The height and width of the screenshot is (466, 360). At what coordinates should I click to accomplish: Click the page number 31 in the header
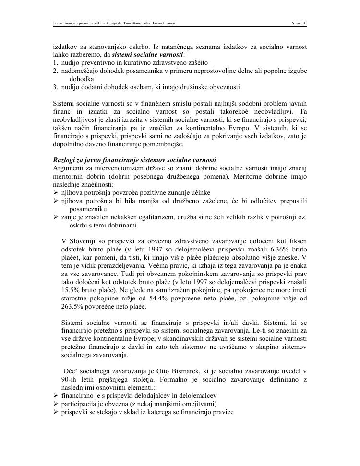tap(304, 23)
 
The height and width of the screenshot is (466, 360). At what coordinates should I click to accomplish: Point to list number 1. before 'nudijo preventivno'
tap(56, 63)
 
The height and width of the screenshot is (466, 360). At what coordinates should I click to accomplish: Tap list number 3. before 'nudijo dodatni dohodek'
tap(56, 87)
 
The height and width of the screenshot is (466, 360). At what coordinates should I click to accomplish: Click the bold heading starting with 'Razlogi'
tap(134, 160)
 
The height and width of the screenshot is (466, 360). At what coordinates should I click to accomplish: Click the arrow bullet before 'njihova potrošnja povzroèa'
tap(56, 192)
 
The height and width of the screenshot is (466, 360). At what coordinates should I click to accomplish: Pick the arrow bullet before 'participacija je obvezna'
tap(56, 404)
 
